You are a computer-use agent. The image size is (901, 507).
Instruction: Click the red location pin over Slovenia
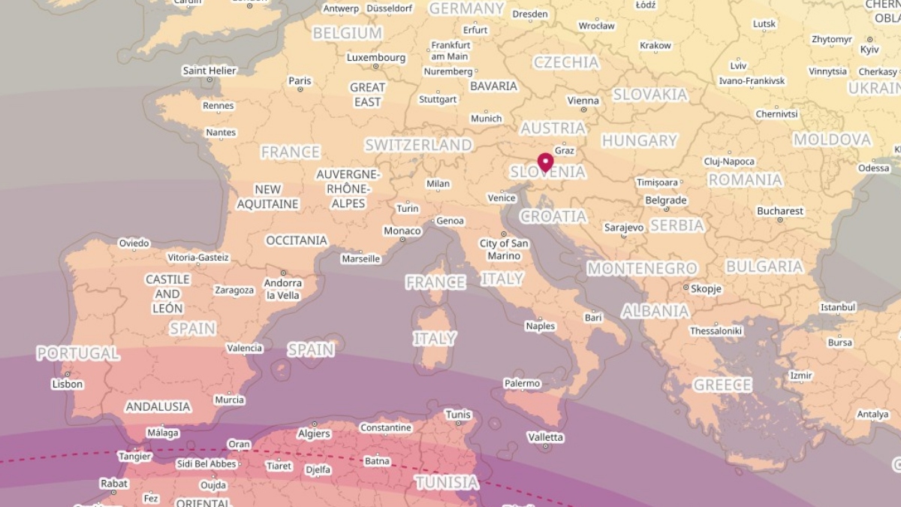545,161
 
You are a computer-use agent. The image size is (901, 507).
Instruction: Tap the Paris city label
300,81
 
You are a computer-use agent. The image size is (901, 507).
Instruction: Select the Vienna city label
583,101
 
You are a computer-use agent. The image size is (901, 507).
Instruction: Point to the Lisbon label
67,384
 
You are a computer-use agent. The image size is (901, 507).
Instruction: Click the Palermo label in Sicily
522,383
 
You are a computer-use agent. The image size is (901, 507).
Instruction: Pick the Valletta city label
545,437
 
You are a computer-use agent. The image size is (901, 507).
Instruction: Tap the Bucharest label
780,211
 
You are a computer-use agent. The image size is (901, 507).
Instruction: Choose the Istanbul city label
838,307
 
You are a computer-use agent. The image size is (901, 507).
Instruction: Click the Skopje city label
706,288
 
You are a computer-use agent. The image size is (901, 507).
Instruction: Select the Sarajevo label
624,227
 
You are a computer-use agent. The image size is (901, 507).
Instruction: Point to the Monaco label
402,231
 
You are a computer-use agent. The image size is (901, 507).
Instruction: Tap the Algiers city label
314,433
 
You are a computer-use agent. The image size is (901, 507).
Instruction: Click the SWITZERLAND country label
418,145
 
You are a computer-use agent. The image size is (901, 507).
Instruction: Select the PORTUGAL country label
78,353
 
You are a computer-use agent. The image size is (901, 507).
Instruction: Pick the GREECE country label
722,385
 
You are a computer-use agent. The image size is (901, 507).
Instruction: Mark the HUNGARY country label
640,140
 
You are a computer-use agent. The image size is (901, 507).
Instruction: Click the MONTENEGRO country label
642,268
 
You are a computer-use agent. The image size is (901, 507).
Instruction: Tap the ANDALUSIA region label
158,406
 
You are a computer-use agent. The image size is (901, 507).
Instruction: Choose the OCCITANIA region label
297,240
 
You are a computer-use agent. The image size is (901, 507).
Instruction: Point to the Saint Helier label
209,71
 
